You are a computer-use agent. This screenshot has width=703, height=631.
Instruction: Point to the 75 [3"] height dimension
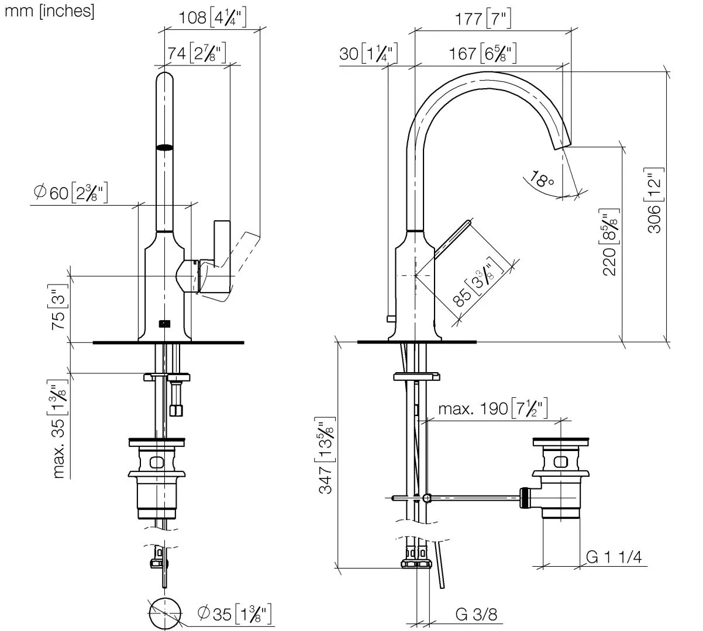click(x=58, y=307)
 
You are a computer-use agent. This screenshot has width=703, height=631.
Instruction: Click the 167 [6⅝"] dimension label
click(x=483, y=54)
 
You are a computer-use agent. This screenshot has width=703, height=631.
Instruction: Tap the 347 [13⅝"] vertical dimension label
click(x=326, y=456)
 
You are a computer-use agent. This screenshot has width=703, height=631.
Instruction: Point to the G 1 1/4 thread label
click(x=614, y=557)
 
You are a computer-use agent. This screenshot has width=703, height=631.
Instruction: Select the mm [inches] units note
click(x=49, y=11)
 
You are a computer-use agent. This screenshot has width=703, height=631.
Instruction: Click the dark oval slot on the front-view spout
click(x=165, y=147)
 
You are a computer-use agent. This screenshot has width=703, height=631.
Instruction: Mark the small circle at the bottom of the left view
click(x=166, y=614)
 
